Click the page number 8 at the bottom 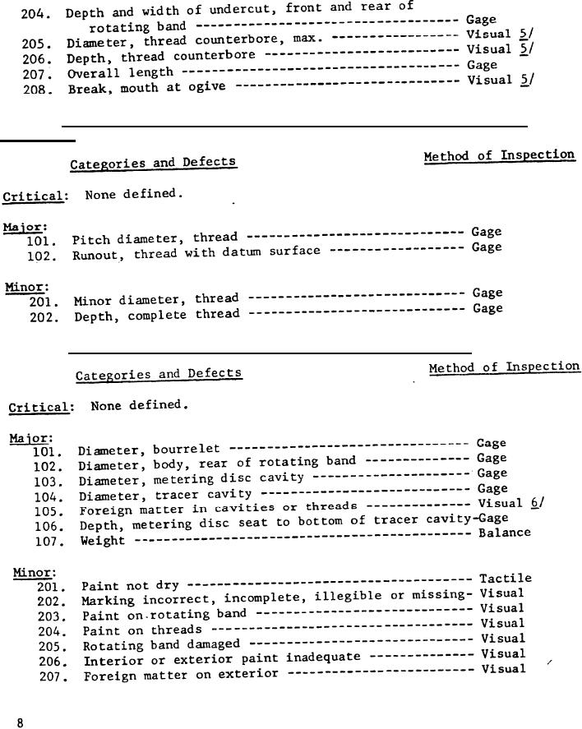(20, 722)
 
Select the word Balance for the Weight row (505, 533)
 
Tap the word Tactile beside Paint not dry (505, 579)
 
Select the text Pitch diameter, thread (155, 239)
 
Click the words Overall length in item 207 (120, 73)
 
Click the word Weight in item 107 (103, 541)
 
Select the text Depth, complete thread (157, 316)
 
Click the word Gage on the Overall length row (482, 64)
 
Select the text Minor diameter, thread (156, 300)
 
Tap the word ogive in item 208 (208, 86)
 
